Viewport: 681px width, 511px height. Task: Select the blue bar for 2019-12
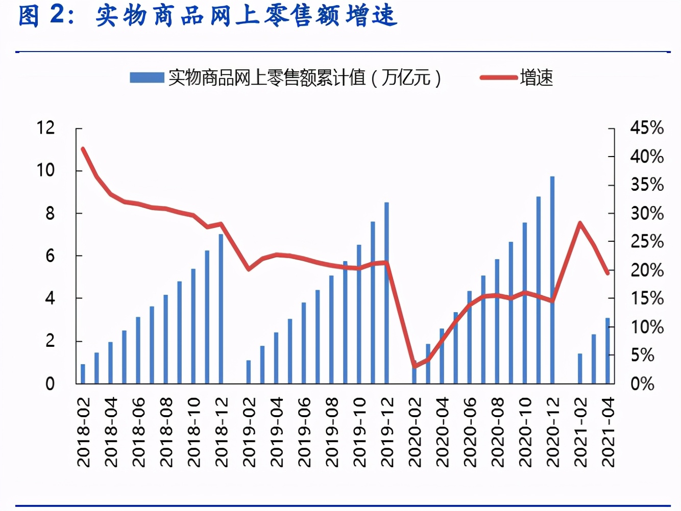386,293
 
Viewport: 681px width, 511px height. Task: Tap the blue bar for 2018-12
221,309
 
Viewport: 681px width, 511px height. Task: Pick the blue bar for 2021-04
607,350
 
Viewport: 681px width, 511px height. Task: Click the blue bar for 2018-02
83,373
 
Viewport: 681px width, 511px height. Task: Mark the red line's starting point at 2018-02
83,148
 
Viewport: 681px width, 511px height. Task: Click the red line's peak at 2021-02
580,223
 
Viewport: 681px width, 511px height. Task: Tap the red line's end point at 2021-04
608,273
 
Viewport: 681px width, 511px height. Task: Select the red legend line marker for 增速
498,78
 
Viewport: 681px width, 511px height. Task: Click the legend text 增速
537,78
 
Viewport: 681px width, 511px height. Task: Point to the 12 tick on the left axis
45,127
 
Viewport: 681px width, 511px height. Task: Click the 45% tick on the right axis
647,127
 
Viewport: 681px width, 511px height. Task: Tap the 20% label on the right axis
647,270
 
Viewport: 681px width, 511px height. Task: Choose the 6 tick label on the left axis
50,256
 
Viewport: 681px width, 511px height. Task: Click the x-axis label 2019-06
304,432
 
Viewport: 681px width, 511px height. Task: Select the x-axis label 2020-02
415,432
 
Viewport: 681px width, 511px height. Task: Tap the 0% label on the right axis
642,384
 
